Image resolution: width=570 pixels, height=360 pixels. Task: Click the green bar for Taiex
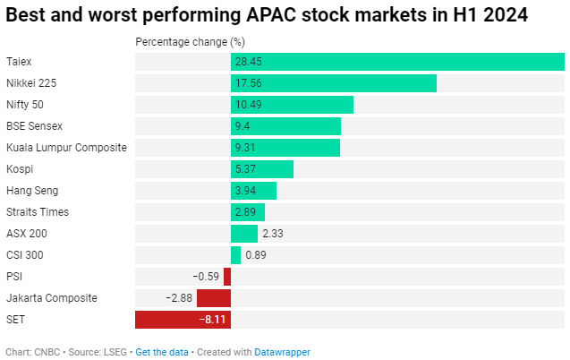click(397, 62)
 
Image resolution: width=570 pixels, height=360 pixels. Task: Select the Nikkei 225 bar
click(333, 83)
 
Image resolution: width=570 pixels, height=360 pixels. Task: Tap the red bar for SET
click(183, 320)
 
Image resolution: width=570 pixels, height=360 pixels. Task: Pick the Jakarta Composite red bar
click(214, 298)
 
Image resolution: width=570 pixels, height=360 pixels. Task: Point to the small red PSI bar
click(227, 277)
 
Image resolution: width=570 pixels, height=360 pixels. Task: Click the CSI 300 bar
click(235, 255)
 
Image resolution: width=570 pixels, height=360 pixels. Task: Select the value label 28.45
click(247, 62)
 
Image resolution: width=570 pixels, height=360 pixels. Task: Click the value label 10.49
click(247, 105)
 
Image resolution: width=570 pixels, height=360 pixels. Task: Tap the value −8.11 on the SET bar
click(212, 320)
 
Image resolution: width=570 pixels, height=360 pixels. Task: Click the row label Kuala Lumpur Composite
click(66, 148)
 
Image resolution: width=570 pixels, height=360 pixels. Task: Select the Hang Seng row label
click(31, 191)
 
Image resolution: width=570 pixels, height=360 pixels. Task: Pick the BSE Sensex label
click(35, 126)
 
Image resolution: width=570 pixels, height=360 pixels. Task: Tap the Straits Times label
click(38, 212)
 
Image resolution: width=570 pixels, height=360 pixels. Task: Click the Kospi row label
click(21, 169)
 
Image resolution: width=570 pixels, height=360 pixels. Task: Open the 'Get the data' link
click(162, 353)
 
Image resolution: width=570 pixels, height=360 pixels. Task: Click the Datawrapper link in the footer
click(283, 353)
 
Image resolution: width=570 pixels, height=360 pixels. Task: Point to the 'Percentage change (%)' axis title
click(190, 42)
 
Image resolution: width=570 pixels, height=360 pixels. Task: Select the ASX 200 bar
click(244, 234)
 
